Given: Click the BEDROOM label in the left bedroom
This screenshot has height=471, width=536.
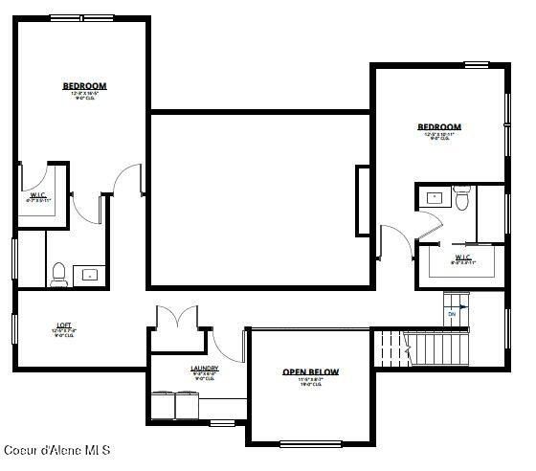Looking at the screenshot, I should point(84,86).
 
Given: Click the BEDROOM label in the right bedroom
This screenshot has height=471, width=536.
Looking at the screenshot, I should point(439,126).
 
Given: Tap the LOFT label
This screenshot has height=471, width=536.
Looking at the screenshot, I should point(64,326).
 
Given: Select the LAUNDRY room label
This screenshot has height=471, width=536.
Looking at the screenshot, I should point(205,369).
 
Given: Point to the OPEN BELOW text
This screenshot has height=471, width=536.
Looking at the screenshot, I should point(310,372).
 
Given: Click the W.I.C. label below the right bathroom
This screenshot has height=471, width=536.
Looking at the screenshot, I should point(462,258).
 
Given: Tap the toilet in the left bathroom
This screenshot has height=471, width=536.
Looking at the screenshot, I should point(58,274).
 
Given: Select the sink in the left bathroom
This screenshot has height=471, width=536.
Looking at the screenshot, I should point(90,274).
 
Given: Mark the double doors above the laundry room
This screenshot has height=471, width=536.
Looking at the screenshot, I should point(176,318).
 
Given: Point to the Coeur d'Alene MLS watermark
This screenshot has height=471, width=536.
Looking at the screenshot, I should point(57,449).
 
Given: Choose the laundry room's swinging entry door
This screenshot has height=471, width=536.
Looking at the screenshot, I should point(229,344).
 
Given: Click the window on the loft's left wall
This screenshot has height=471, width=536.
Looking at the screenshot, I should point(13,326).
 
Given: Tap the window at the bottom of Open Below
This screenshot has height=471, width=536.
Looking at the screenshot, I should point(310,442).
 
